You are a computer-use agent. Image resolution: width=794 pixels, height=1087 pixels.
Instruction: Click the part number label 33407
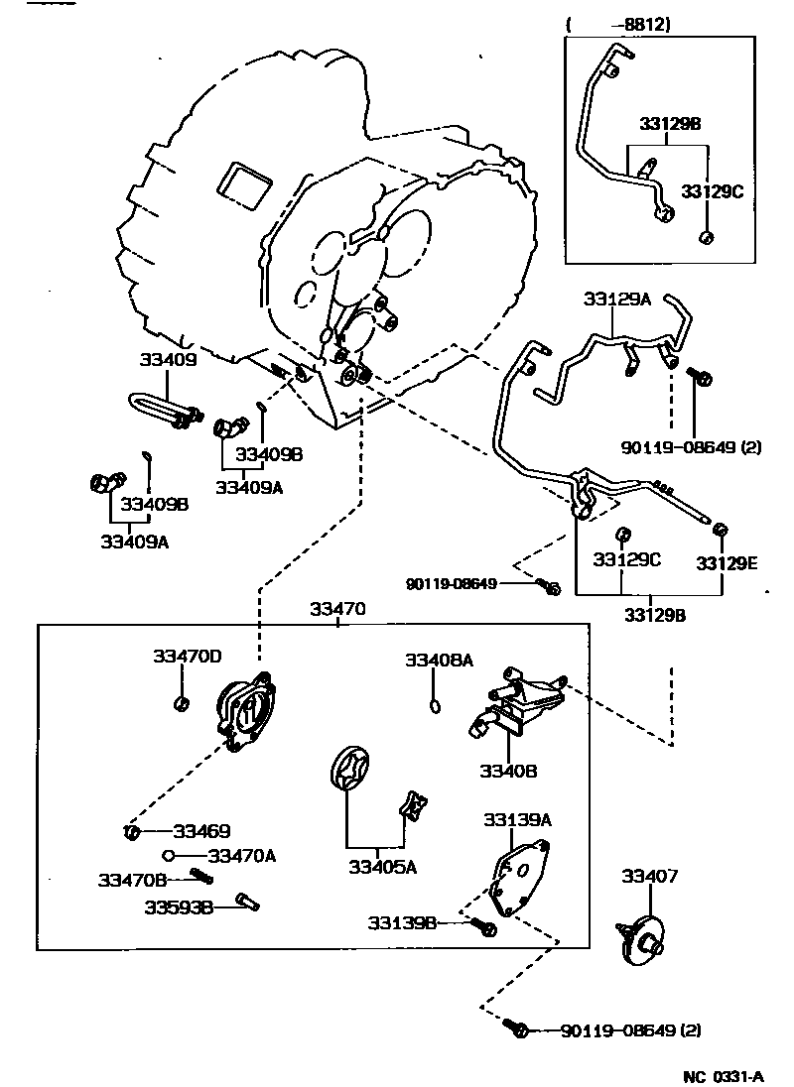650,876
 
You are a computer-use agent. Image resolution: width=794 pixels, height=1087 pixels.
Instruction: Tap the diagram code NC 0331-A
723,1075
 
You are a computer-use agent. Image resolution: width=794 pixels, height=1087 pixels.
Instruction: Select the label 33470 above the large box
338,609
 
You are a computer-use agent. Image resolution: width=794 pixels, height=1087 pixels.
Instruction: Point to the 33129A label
616,299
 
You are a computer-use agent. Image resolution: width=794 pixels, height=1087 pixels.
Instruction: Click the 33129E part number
727,562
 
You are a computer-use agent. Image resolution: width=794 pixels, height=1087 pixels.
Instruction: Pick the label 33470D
187,656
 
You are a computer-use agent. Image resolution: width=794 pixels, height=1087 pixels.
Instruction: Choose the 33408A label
439,660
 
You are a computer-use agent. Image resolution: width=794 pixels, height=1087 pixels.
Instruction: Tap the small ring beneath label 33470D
181,704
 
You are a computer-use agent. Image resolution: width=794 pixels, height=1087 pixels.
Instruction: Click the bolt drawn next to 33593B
247,903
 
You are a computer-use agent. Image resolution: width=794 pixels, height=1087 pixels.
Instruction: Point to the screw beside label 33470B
201,877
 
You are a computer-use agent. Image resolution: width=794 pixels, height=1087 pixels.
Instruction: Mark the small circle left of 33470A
170,855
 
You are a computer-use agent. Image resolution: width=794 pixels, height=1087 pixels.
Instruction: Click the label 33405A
382,866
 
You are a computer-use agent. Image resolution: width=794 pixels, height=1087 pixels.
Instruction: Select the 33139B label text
402,922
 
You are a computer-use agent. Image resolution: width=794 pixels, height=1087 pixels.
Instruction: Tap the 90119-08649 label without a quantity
451,584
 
